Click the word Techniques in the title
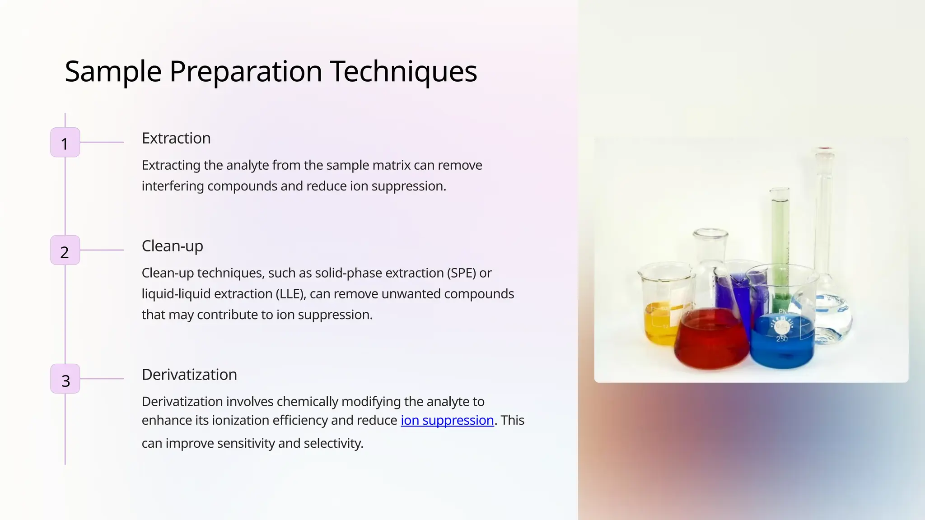403,71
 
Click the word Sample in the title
113,71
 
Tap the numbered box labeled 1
65,143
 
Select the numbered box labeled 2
65,250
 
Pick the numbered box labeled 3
65,379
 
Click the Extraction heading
176,138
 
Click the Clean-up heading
172,246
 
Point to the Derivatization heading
189,375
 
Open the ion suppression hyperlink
447,420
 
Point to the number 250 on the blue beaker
782,339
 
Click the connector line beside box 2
102,250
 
